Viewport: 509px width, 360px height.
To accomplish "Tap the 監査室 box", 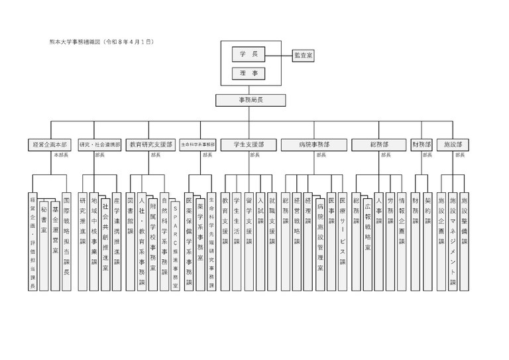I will point(303,56).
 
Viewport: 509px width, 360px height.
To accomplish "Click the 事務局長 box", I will point(251,100).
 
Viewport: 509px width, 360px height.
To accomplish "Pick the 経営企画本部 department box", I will point(48,144).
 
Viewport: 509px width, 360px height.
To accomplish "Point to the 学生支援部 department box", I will point(249,144).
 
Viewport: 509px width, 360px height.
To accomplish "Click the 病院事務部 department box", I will point(314,144).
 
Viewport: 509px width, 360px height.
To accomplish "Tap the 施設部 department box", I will point(453,144).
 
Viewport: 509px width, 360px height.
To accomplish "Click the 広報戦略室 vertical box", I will point(367,229).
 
